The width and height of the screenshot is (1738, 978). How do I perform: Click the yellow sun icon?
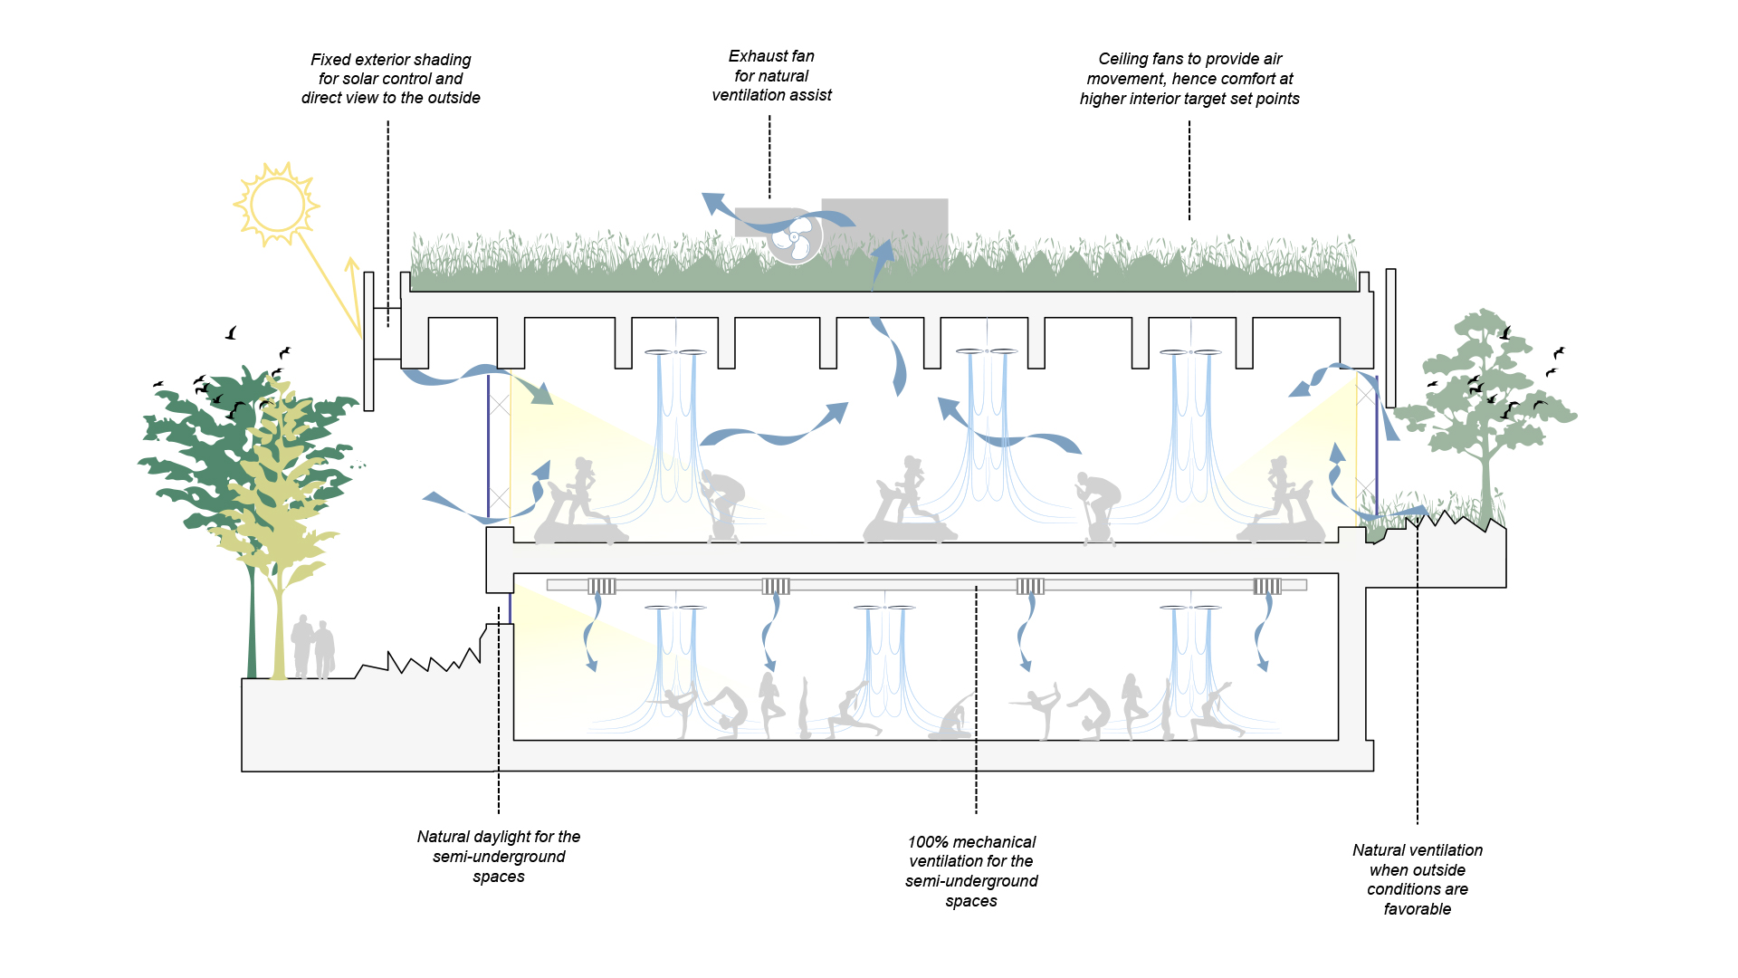coord(277,205)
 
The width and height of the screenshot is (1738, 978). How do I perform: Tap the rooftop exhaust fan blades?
coord(795,237)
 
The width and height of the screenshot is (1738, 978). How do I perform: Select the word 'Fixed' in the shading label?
coord(330,60)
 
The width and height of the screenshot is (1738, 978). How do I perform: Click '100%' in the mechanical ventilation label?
coord(927,842)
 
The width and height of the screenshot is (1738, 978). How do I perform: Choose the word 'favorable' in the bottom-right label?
coord(1417,909)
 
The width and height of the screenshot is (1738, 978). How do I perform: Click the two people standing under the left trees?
coord(313,647)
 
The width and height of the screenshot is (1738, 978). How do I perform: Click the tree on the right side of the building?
coord(1485,398)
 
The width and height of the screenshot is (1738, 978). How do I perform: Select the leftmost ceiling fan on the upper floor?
coord(675,351)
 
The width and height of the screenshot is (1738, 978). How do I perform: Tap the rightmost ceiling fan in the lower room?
coord(1191,607)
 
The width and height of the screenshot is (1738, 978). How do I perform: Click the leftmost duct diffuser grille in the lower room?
coord(602,586)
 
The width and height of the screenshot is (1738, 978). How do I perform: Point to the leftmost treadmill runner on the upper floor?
coord(579,503)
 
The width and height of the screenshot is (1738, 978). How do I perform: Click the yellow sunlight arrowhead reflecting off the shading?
coord(351,264)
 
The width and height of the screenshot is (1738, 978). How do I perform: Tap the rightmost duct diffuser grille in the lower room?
coord(1267,586)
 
